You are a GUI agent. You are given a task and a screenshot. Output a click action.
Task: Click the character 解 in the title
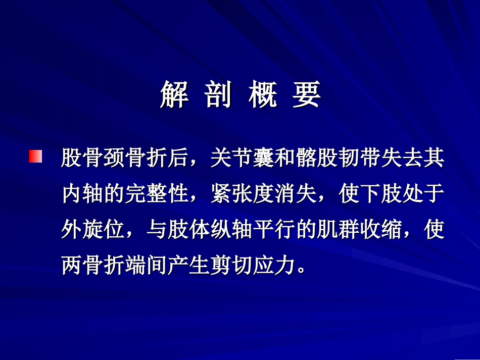click(174, 95)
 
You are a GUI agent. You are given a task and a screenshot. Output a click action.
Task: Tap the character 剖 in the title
click(219, 95)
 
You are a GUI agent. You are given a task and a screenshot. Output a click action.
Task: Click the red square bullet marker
click(36, 157)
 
